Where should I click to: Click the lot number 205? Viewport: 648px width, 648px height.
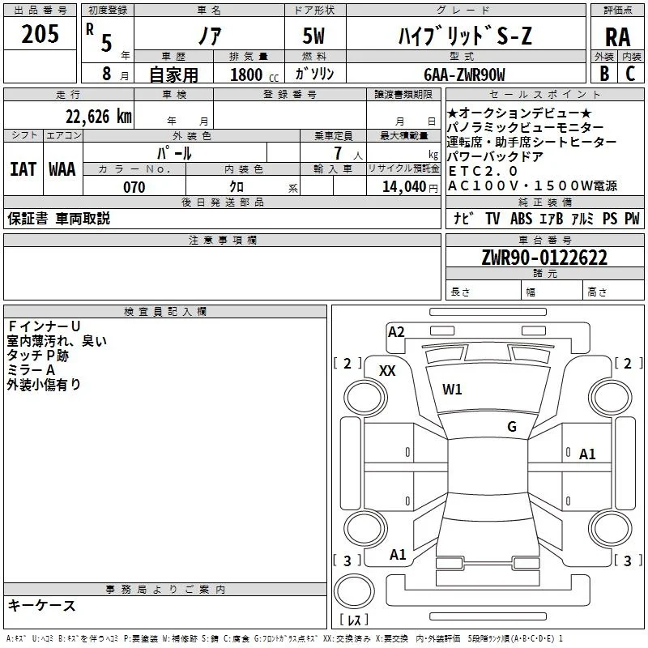click(x=40, y=34)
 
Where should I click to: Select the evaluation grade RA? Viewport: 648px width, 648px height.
click(x=617, y=37)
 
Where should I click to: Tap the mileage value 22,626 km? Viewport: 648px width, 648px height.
click(x=98, y=117)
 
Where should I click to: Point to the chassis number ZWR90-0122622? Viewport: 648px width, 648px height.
click(x=544, y=258)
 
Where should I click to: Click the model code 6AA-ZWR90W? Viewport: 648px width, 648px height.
click(x=464, y=75)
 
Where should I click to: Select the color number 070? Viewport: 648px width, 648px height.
click(x=134, y=187)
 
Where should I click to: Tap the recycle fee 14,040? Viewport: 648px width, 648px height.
click(x=403, y=187)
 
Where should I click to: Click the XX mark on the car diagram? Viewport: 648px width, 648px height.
click(x=387, y=371)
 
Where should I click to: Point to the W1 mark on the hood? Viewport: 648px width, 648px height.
click(x=452, y=390)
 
